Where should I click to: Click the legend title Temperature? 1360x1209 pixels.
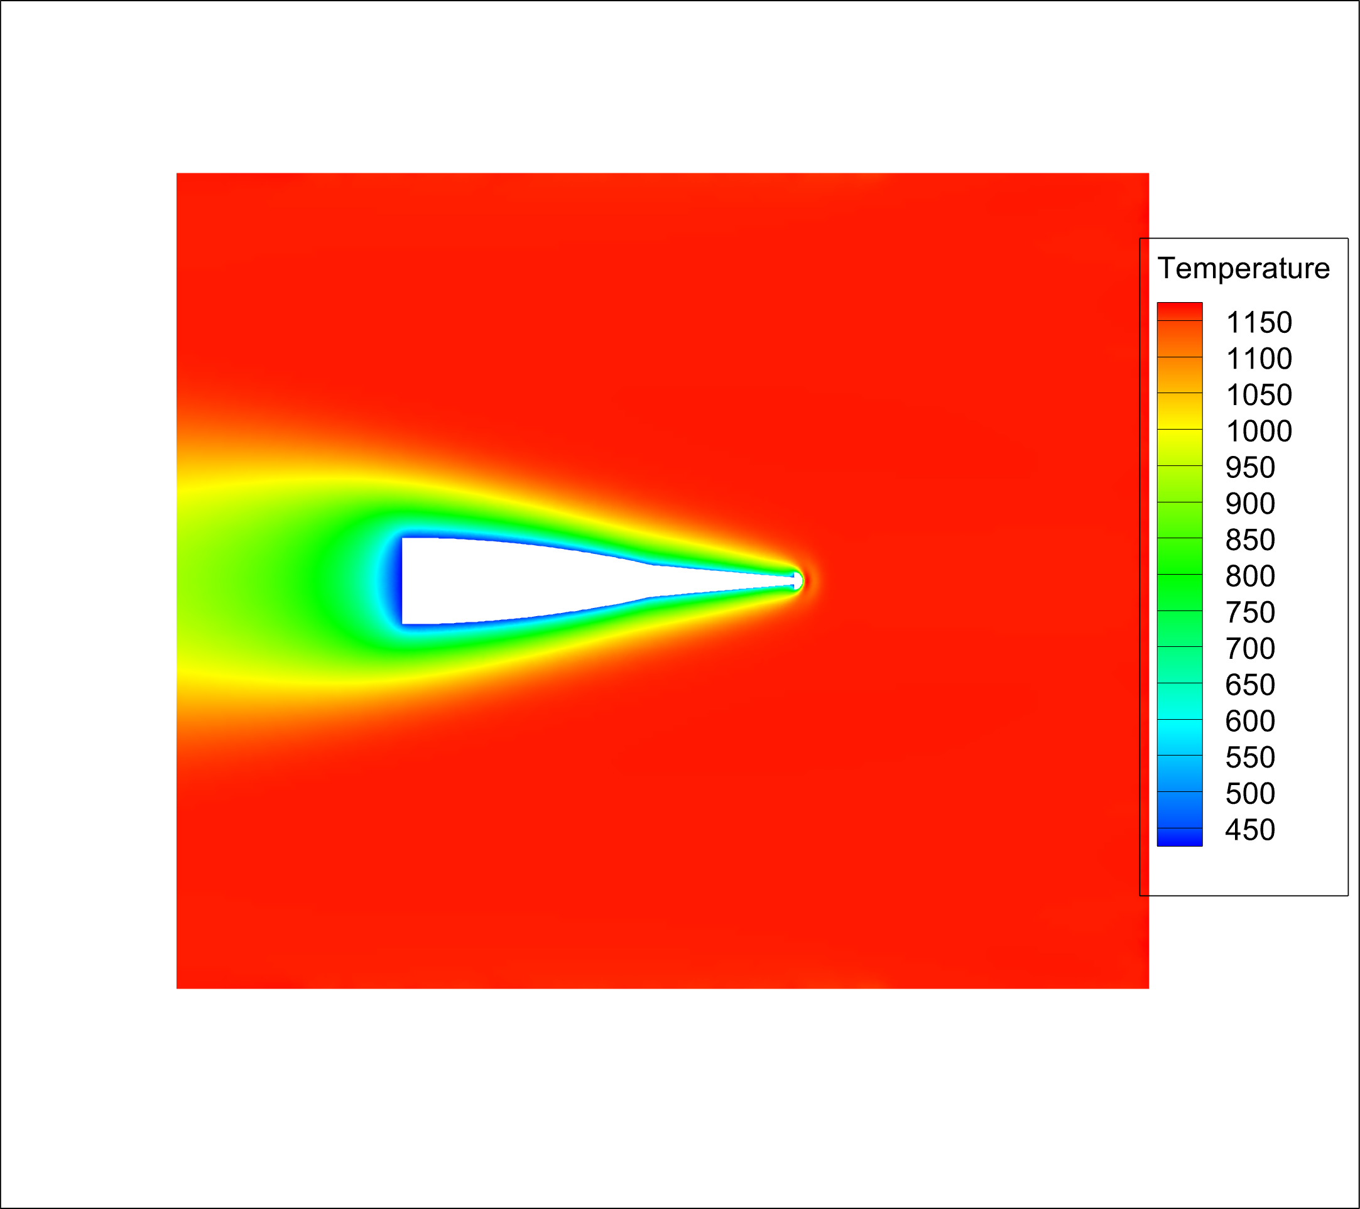pyautogui.click(x=1244, y=268)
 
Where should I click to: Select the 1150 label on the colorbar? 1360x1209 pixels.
pyautogui.click(x=1259, y=323)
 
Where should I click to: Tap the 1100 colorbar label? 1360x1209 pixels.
pyautogui.click(x=1259, y=359)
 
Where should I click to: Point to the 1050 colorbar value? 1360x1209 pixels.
pyautogui.click(x=1259, y=395)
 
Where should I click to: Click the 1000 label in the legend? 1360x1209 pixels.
pyautogui.click(x=1259, y=431)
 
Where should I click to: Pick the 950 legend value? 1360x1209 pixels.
pyautogui.click(x=1250, y=468)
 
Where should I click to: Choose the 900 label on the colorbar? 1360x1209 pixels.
pyautogui.click(x=1250, y=504)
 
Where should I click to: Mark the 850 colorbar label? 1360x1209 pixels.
pyautogui.click(x=1250, y=539)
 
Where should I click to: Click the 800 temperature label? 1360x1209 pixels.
pyautogui.click(x=1250, y=576)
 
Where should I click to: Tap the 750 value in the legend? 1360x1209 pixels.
pyautogui.click(x=1250, y=612)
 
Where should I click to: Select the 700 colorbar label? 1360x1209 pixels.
pyautogui.click(x=1250, y=649)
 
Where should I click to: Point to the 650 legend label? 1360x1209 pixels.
pyautogui.click(x=1250, y=685)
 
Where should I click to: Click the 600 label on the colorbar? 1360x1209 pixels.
pyautogui.click(x=1250, y=721)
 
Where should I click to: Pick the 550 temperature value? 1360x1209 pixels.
pyautogui.click(x=1250, y=757)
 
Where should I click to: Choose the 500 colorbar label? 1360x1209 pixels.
pyautogui.click(x=1250, y=794)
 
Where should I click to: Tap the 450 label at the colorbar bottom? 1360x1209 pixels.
pyautogui.click(x=1250, y=830)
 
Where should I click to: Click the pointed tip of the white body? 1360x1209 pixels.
pyautogui.click(x=798, y=581)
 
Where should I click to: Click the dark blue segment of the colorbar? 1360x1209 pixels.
pyautogui.click(x=1180, y=837)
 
